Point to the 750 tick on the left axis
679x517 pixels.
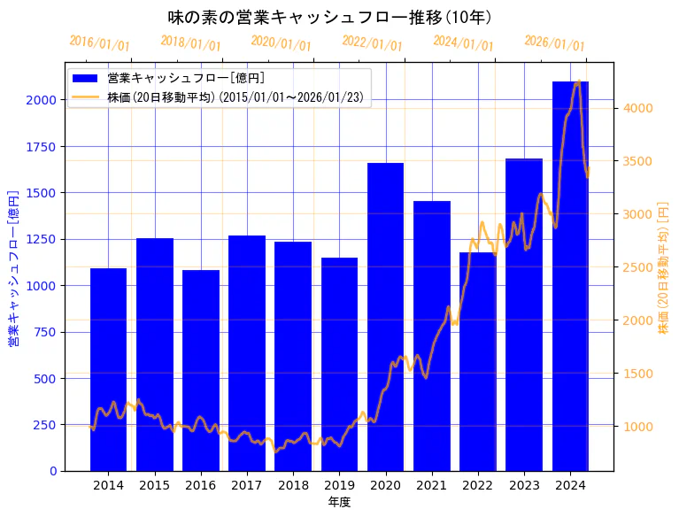tap(44, 332)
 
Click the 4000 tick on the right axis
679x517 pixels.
tap(638, 108)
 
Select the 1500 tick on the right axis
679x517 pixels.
tap(638, 374)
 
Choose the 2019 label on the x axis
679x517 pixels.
tap(339, 485)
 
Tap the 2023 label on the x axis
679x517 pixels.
tap(524, 485)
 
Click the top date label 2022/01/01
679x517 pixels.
tap(372, 44)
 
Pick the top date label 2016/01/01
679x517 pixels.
tap(99, 42)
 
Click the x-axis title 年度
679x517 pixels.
tap(339, 502)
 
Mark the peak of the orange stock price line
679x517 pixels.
tap(578, 81)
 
